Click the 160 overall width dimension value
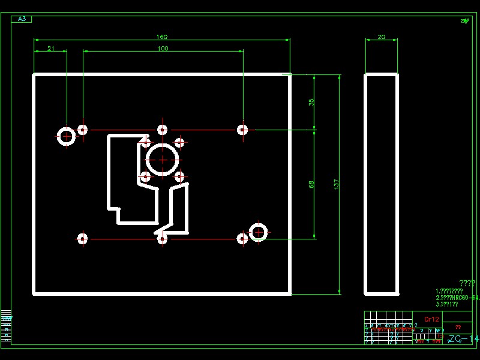[x=162, y=37]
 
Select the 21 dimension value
[x=51, y=49]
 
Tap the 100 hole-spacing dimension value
[x=163, y=49]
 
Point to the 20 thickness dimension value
[x=381, y=37]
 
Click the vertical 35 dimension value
[x=311, y=102]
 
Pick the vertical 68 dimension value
[x=311, y=184]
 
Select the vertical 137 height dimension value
[x=336, y=184]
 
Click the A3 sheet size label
[x=22, y=19]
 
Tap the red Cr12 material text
[x=431, y=319]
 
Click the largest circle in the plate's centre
[x=163, y=160]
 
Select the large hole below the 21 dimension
[x=66, y=136]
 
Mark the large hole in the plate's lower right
[x=258, y=232]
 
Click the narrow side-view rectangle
[x=381, y=184]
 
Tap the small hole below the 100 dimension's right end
[x=242, y=130]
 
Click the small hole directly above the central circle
[x=163, y=130]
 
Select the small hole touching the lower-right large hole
[x=242, y=239]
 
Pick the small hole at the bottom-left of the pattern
[x=82, y=239]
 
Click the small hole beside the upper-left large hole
[x=82, y=130]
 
